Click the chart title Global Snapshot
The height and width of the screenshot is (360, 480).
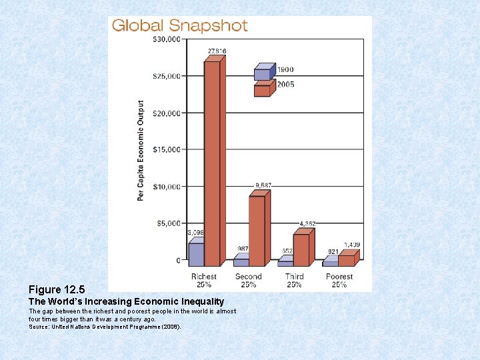click(x=179, y=27)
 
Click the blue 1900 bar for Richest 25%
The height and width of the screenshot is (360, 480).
click(x=196, y=254)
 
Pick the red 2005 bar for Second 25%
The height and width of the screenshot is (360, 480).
click(x=257, y=231)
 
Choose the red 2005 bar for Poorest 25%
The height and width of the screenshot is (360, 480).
click(x=346, y=261)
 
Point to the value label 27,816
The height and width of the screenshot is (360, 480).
click(x=217, y=51)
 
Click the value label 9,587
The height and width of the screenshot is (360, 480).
click(x=263, y=185)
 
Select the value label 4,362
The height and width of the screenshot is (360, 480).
click(x=309, y=223)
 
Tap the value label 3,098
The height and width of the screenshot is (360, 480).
click(x=195, y=233)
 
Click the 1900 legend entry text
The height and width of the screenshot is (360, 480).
click(x=285, y=69)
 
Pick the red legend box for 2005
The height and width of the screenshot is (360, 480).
click(x=262, y=91)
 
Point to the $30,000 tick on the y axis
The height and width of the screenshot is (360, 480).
click(x=166, y=39)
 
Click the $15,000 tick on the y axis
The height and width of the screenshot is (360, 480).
click(x=166, y=149)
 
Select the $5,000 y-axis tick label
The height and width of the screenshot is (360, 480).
click(x=168, y=223)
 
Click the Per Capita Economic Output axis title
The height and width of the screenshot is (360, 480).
click(x=141, y=150)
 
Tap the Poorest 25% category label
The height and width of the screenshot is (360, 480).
click(x=339, y=281)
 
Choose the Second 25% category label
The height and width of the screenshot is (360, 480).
click(x=249, y=281)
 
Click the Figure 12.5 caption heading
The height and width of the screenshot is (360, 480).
click(x=57, y=290)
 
